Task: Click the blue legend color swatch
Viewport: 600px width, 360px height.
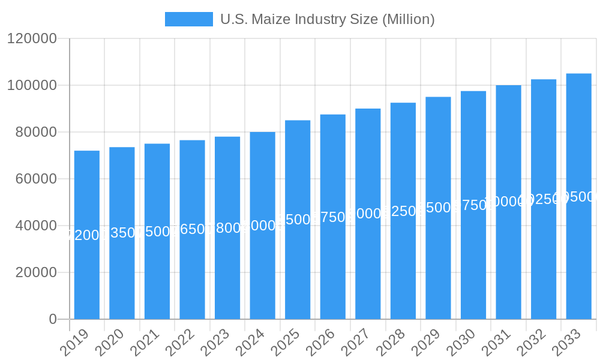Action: [x=189, y=19]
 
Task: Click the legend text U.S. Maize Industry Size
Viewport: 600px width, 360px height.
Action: [x=327, y=19]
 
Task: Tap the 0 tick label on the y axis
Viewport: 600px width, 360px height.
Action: [x=53, y=319]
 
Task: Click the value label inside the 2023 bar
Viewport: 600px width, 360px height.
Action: [x=227, y=228]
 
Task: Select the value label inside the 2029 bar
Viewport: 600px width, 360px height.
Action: [x=438, y=208]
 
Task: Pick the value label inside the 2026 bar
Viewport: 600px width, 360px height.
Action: [x=333, y=217]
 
